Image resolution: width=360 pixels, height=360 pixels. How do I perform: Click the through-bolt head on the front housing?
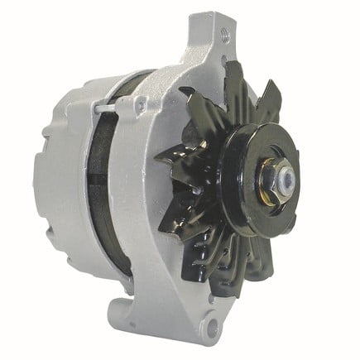(142, 103)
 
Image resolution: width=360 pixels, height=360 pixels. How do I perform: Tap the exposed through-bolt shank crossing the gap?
(108, 108)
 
